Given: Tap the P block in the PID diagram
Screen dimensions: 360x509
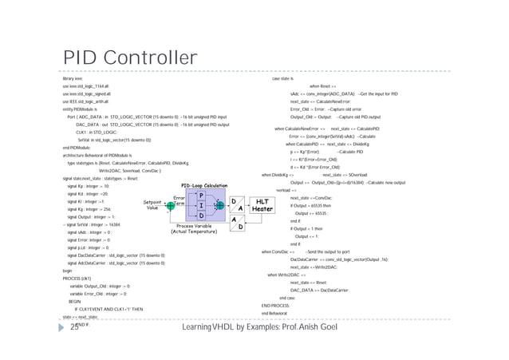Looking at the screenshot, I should click(x=202, y=195).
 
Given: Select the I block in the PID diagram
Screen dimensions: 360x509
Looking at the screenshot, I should click(x=202, y=205).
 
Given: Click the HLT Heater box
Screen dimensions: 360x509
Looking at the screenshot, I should click(x=262, y=204).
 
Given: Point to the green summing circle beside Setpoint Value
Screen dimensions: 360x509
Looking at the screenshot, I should click(x=170, y=205).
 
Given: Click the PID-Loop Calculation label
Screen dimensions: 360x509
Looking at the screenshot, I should click(x=204, y=185).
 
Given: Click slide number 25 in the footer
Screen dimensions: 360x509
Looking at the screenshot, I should click(x=75, y=327).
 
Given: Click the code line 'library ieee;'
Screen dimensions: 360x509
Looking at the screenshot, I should click(x=73, y=79).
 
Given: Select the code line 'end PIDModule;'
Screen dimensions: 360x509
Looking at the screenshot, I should click(x=76, y=148).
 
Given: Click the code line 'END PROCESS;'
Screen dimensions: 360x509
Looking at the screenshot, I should click(x=275, y=306).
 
